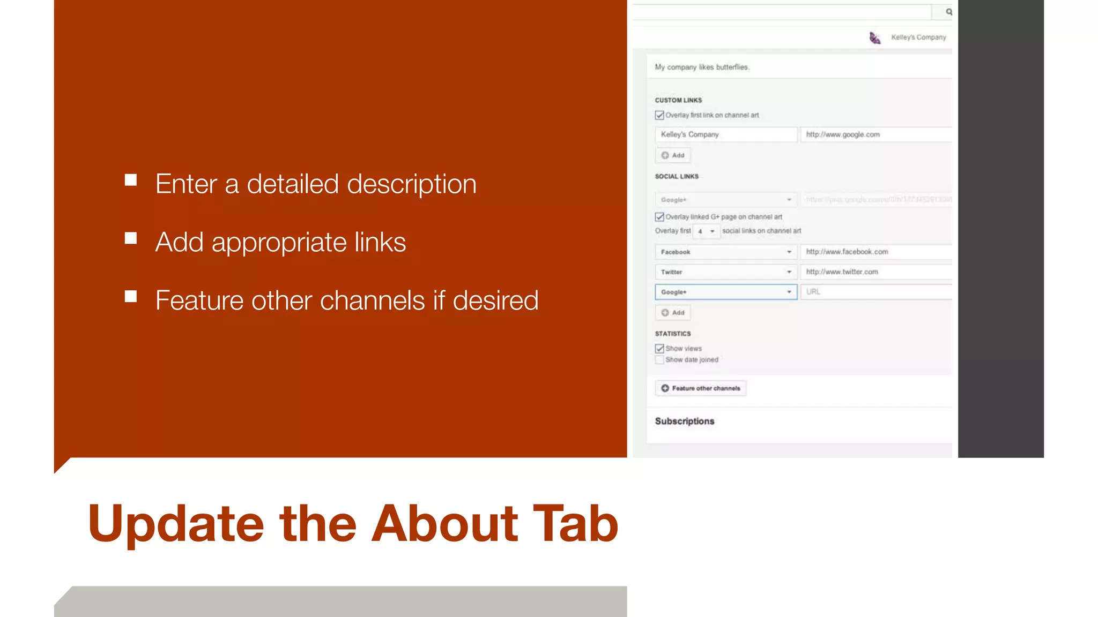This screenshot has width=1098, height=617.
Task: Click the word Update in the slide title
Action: pyautogui.click(x=176, y=524)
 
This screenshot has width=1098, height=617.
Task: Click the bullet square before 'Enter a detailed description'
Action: pyautogui.click(x=131, y=180)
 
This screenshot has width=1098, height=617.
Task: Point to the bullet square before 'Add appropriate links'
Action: pyautogui.click(x=131, y=238)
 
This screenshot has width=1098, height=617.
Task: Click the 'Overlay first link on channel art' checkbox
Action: pyautogui.click(x=659, y=115)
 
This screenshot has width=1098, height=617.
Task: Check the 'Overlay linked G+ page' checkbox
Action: pyautogui.click(x=659, y=217)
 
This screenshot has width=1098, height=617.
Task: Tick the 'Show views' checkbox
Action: pyautogui.click(x=659, y=349)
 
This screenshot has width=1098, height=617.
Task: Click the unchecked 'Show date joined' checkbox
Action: pyautogui.click(x=659, y=360)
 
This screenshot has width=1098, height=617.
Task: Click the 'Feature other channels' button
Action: pyautogui.click(x=701, y=388)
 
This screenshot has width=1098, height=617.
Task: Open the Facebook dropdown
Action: pyautogui.click(x=726, y=252)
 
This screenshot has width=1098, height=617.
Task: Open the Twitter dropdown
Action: pyautogui.click(x=726, y=272)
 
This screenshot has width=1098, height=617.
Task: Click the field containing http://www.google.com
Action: pyautogui.click(x=876, y=134)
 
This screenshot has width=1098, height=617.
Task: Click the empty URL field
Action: pyautogui.click(x=876, y=292)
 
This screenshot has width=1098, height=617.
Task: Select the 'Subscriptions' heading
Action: pyautogui.click(x=685, y=421)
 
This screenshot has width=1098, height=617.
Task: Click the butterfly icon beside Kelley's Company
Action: pyautogui.click(x=875, y=37)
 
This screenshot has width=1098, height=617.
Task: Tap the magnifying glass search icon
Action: pyautogui.click(x=948, y=12)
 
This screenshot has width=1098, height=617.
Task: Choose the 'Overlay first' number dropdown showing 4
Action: pyautogui.click(x=706, y=231)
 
